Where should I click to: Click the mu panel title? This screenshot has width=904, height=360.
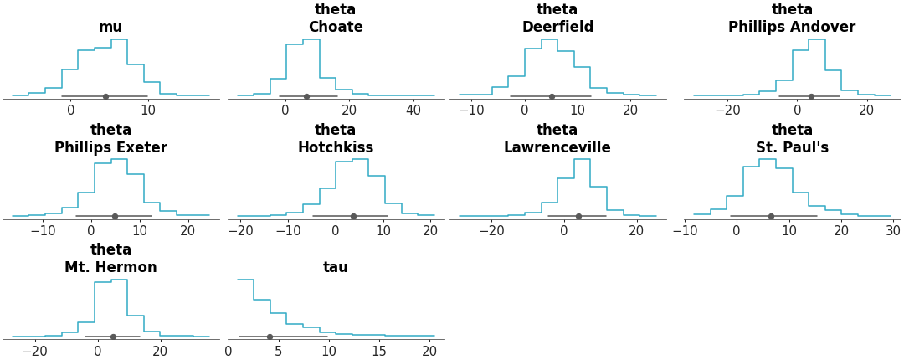[110, 28]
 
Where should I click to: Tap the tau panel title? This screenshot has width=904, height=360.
[336, 268]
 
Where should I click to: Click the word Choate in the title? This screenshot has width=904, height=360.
[336, 28]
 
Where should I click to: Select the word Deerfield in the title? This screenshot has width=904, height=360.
[557, 28]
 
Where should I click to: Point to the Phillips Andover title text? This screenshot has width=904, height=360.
[792, 28]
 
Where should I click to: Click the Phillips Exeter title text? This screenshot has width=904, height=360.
[110, 148]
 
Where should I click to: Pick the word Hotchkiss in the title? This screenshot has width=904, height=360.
[336, 148]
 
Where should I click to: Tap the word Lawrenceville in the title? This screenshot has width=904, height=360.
[557, 148]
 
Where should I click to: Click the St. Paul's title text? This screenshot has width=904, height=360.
[792, 148]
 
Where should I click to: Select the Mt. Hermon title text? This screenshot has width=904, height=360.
[110, 268]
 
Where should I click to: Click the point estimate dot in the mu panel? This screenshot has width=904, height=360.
[105, 96]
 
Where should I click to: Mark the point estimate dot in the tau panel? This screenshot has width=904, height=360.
[270, 337]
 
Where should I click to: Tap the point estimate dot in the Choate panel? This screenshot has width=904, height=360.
[306, 96]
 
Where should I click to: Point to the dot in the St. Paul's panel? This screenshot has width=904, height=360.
[771, 216]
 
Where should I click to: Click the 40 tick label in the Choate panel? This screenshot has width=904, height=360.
[413, 111]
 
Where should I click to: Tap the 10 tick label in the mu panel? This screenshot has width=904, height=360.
[148, 111]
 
